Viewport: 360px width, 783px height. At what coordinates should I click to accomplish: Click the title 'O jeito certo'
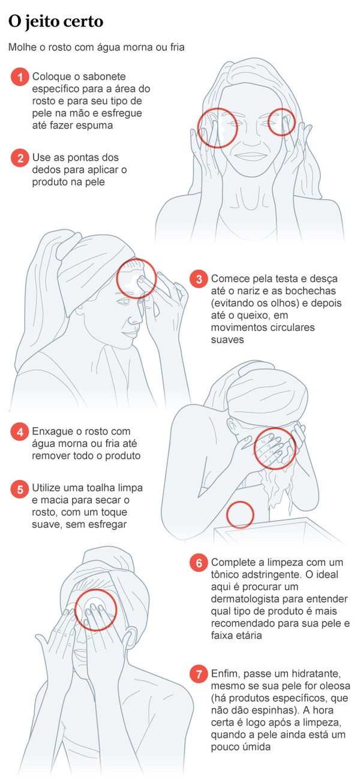56,22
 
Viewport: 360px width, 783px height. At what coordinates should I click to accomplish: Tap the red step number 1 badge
20,77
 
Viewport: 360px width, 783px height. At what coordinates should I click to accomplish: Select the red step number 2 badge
20,158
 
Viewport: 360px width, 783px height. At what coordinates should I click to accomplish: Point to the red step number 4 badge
20,432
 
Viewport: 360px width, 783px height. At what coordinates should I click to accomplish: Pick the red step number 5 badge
20,489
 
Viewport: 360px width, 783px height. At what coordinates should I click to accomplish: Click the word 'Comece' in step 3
227,279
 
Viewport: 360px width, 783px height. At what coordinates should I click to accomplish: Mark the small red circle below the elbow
241,515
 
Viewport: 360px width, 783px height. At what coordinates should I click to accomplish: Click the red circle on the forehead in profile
136,278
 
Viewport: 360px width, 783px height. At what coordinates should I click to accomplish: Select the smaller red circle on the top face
281,122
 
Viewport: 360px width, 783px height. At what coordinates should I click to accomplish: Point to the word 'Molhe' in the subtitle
22,47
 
